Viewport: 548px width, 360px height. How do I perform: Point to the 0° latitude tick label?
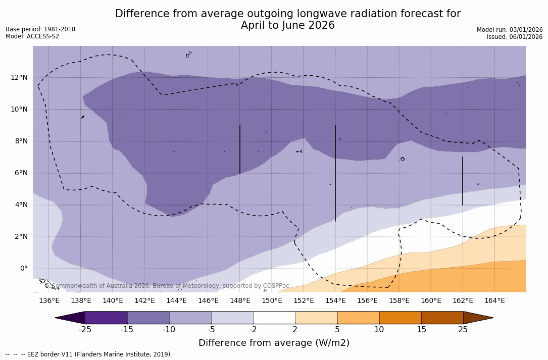click(23, 268)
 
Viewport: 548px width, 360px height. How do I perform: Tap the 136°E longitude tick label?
click(49, 301)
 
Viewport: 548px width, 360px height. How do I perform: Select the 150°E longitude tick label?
click(272, 301)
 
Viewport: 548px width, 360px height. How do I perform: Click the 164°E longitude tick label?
click(494, 301)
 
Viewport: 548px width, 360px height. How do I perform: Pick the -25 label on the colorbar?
click(85, 330)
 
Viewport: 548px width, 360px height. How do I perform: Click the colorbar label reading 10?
click(379, 330)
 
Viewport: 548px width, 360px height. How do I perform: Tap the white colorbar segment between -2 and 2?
click(274, 318)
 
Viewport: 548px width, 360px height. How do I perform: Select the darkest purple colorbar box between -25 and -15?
click(106, 318)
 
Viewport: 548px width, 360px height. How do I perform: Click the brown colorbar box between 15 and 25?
click(442, 318)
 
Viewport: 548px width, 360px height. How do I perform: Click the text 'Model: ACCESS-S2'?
click(32, 36)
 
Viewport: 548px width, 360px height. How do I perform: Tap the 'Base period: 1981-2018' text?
click(40, 29)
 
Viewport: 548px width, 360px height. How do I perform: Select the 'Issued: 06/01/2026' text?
click(515, 37)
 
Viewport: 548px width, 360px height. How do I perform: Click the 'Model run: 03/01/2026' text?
click(510, 30)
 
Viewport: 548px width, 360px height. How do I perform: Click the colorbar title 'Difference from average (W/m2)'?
click(274, 343)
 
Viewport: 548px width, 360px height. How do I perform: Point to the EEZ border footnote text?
click(89, 354)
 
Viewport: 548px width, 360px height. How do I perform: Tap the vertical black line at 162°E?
click(462, 181)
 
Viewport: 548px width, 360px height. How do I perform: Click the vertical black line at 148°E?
click(240, 149)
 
